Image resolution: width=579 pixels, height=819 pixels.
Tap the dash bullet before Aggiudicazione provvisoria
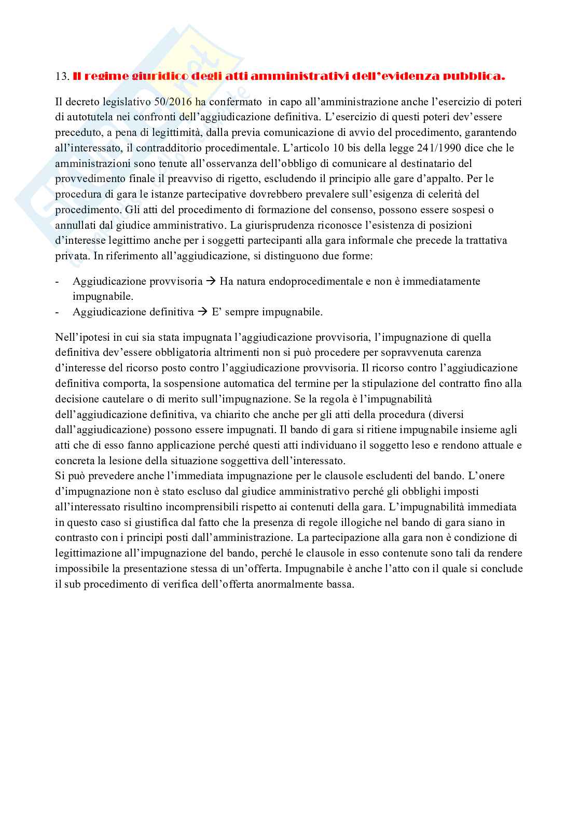tap(57, 282)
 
